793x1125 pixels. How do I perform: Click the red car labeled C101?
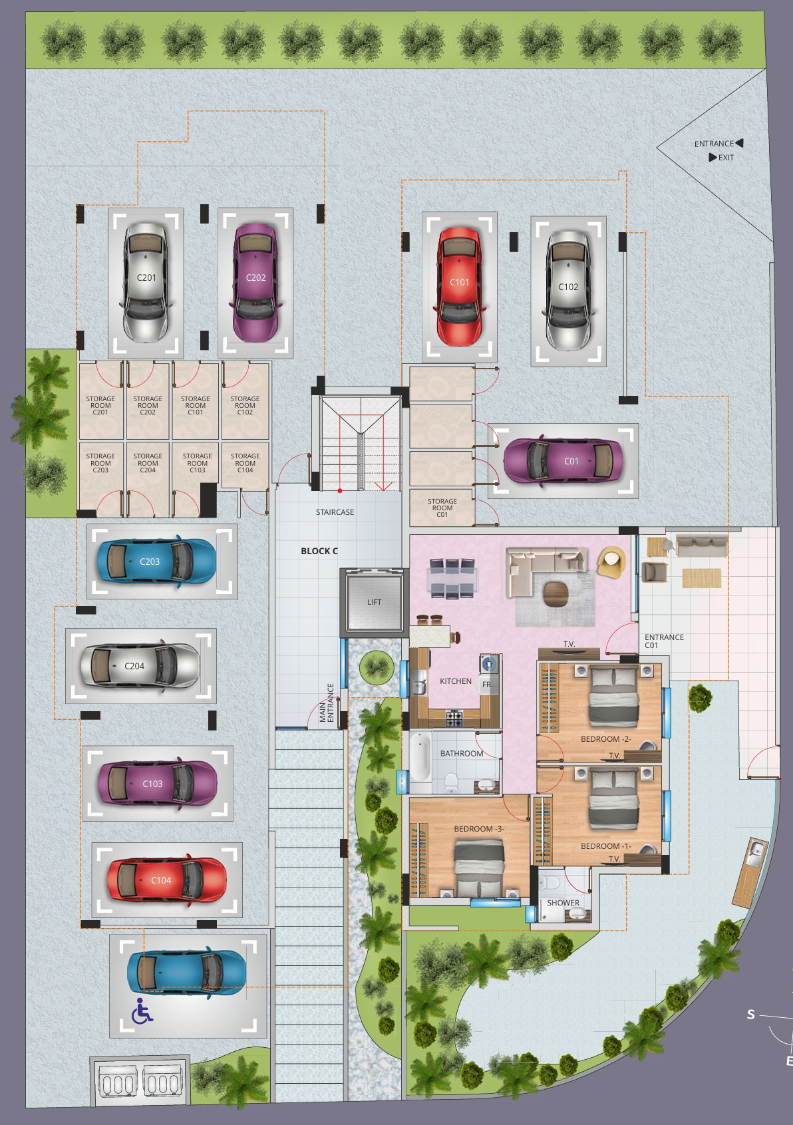(459, 286)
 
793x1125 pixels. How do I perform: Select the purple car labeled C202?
(255, 282)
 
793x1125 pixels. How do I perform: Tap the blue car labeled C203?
(156, 562)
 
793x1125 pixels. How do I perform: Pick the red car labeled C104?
(167, 880)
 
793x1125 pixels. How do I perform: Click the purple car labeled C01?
(563, 461)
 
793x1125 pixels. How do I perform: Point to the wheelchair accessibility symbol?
(142, 1011)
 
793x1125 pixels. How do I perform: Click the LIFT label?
(374, 601)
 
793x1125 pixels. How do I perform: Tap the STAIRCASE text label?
(335, 512)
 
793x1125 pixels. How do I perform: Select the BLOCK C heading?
(319, 551)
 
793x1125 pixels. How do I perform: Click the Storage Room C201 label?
(100, 405)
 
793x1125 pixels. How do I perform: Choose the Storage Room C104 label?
(245, 462)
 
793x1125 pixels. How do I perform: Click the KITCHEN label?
(456, 681)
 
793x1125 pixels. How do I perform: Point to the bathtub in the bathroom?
(420, 757)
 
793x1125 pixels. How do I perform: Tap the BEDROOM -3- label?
(478, 829)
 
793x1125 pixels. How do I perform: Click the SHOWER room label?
(563, 903)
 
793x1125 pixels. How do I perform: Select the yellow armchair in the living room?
(611, 561)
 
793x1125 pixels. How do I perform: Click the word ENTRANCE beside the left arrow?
(714, 144)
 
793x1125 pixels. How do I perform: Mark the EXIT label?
(726, 158)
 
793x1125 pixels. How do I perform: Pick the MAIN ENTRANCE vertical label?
(327, 702)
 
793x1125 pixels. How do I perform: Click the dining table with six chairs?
(452, 579)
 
